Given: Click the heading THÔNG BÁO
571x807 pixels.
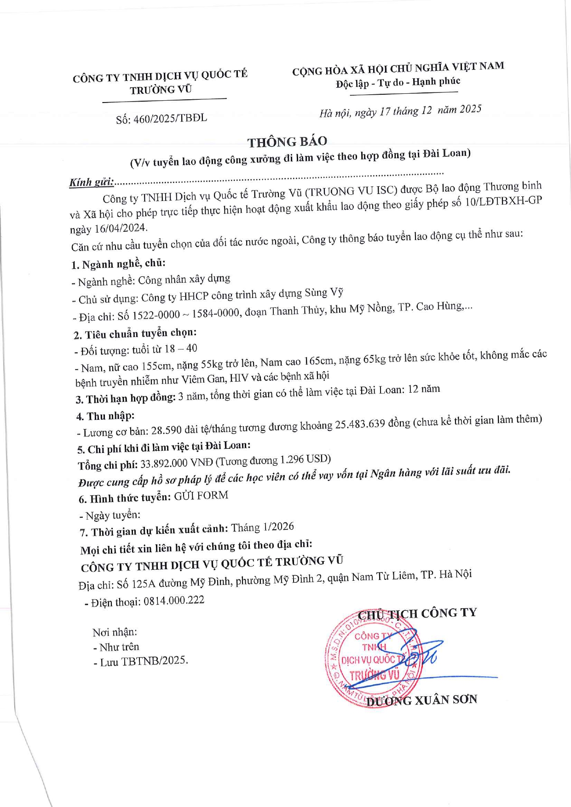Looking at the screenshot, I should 287,142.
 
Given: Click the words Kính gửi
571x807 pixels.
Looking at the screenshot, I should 91,182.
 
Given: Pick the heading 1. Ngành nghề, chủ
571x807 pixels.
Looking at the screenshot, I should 118,264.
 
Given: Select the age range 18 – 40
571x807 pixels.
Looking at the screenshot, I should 181,349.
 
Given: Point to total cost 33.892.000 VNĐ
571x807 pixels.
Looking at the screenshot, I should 177,463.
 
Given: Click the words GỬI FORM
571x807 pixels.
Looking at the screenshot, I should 201,496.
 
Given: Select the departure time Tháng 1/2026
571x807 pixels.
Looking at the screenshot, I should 262,527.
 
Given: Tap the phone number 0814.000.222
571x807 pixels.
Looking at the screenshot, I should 174,601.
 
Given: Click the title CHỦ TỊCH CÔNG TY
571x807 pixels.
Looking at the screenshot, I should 417,614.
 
